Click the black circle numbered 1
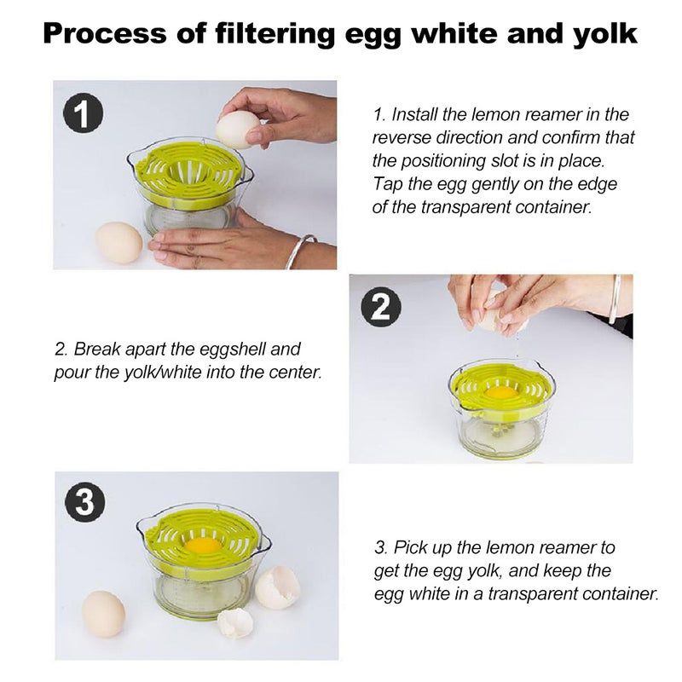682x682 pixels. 83,114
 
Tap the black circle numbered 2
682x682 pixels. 381,307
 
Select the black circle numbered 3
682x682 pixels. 84,501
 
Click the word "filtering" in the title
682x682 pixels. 275,34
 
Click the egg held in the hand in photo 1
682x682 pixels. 237,130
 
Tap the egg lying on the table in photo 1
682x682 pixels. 118,242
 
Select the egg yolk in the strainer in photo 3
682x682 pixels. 202,546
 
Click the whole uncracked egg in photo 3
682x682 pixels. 103,614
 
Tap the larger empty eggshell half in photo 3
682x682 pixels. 278,587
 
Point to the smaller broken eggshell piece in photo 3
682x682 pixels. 235,623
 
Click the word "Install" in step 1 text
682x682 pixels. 414,115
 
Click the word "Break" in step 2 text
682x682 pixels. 97,350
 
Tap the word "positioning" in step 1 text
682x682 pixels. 442,162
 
